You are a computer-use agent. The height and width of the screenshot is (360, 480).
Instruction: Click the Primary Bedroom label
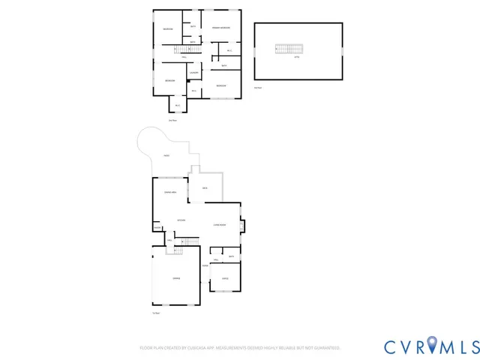220,28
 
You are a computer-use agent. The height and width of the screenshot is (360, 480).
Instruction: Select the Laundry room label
193,73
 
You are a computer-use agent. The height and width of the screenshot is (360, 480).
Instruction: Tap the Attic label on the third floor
297,57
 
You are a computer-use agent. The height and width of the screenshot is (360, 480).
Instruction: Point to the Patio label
166,156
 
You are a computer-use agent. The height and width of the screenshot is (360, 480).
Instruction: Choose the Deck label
204,188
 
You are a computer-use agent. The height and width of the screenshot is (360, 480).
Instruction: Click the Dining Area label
170,193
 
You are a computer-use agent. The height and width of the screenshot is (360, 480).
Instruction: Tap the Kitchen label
181,220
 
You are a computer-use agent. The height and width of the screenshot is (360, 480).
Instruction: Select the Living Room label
220,225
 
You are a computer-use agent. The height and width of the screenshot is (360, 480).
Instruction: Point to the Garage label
176,279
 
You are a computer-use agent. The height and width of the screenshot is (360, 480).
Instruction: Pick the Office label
225,279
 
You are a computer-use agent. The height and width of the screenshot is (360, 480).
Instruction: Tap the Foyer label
204,265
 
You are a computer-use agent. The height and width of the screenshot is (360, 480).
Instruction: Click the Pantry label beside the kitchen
157,226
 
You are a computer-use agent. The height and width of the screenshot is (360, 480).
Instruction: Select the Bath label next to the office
232,257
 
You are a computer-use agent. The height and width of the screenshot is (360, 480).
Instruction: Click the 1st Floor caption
155,313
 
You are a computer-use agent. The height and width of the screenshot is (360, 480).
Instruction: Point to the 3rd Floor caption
258,88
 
